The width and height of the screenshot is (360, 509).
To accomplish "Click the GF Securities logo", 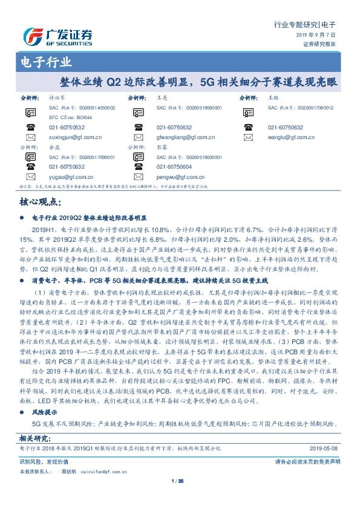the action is [57, 35].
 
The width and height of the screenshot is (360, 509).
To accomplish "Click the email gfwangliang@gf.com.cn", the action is [183, 138].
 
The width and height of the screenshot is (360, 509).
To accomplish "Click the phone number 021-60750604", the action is [174, 167].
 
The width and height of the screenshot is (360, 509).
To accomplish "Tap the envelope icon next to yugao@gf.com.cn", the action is [31, 177].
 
